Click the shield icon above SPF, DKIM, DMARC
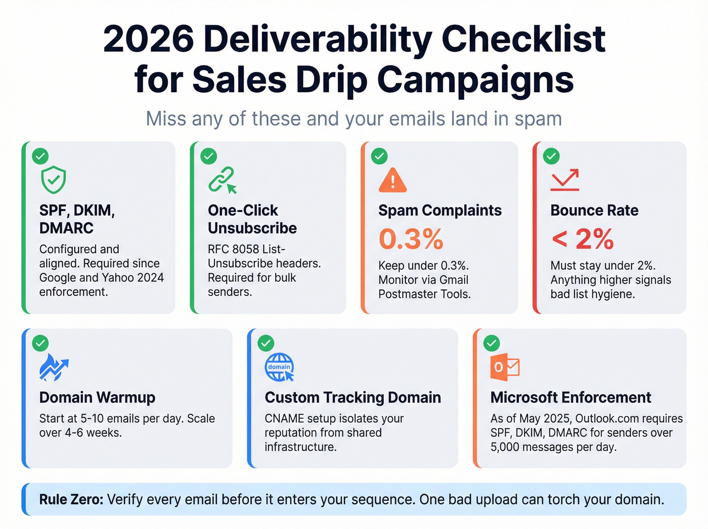coord(53,180)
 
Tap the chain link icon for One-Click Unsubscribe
coord(222,180)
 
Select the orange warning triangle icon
coord(392,180)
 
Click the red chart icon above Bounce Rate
coord(565,180)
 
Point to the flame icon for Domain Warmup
coord(53,367)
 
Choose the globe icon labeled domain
coord(279,367)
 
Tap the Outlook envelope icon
coord(505,367)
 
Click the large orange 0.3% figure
coord(411,239)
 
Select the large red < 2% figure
coord(583,239)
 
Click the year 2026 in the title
coord(148,39)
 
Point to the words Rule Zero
coord(71,500)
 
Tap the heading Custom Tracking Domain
coord(352,398)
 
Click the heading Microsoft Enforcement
coord(570,398)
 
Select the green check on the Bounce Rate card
coord(551,156)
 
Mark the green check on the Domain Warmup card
coord(40,344)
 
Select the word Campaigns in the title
coord(475,80)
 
